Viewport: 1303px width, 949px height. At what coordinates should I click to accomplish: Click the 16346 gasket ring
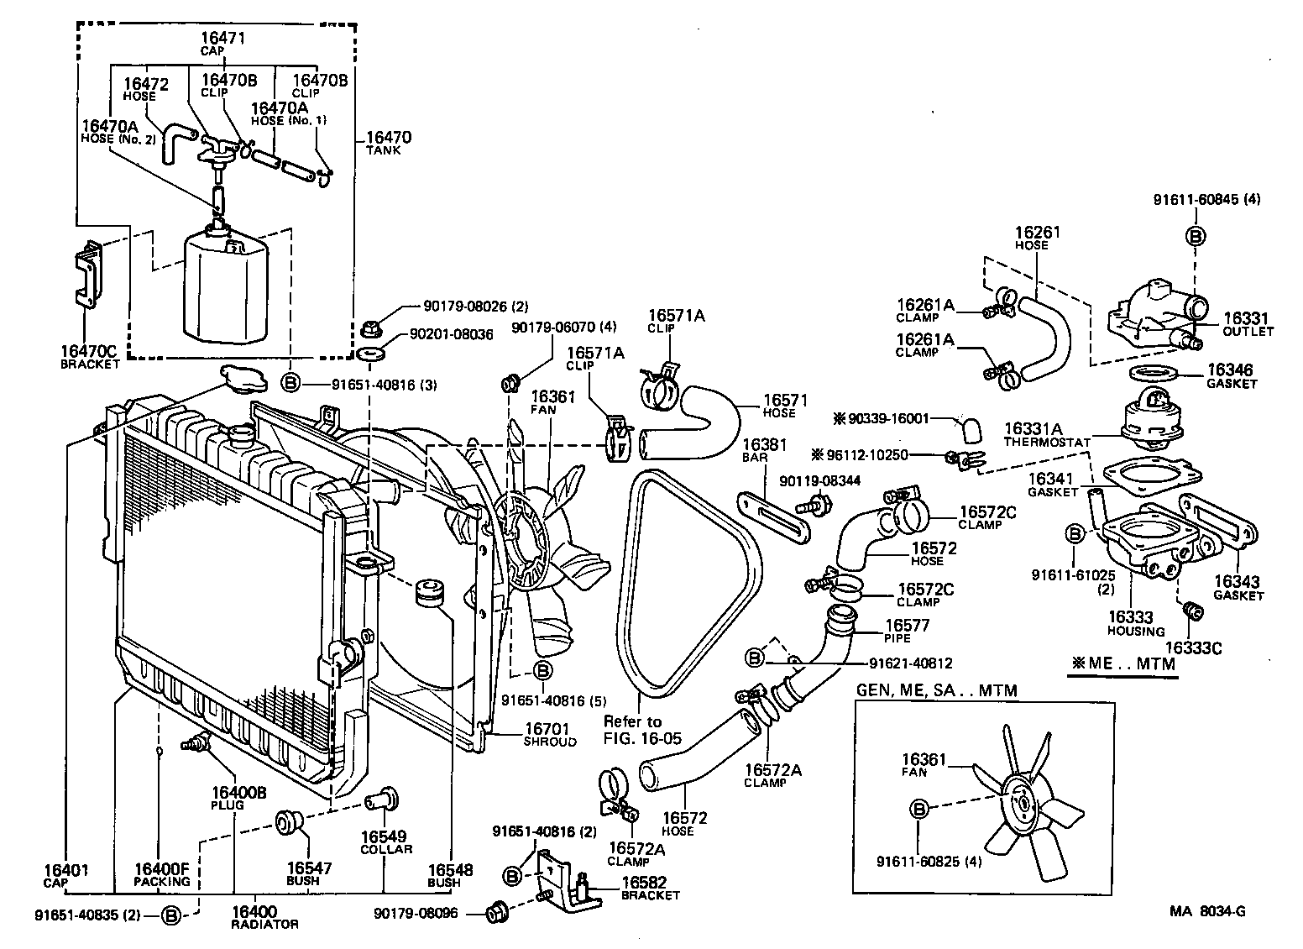click(1154, 373)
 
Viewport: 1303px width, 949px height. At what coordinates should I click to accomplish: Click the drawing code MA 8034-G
click(1209, 912)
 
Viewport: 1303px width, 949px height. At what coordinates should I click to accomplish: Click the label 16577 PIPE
click(908, 631)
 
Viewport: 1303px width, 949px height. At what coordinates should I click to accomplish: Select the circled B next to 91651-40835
click(170, 915)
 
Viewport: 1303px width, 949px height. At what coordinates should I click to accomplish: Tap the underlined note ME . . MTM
click(1122, 663)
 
